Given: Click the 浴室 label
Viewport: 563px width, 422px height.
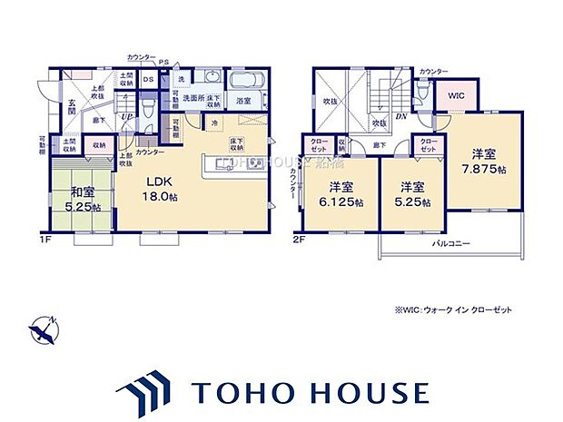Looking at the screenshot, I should coord(243,102).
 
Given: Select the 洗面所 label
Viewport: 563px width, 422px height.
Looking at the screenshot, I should coord(196,97).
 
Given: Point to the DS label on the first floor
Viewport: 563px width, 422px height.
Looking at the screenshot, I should coord(150,79).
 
